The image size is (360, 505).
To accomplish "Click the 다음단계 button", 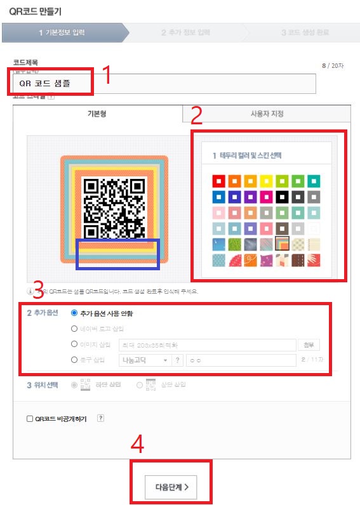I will coord(172,487).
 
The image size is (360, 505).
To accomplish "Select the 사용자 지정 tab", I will coord(267,114).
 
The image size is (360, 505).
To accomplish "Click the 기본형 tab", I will coord(97,114).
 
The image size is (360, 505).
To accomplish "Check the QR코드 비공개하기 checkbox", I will coord(29,419).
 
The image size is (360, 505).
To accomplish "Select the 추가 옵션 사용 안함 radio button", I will coord(75,313).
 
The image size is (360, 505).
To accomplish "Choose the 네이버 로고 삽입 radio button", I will coord(75,329).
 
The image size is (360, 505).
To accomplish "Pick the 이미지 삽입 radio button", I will coord(75,344).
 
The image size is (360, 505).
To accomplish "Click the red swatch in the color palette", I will coord(219,181).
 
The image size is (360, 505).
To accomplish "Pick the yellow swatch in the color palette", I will coord(266,181).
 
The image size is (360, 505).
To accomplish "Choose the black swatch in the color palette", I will coord(281,197).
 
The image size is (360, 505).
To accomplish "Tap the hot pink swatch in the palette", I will coord(266,197).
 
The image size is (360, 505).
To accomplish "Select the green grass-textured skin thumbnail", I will coord(235,244).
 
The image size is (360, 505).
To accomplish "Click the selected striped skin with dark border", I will coord(281,244).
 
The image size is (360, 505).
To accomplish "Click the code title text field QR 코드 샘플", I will coord(164,83).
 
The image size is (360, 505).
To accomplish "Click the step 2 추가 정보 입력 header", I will coord(185,32).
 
